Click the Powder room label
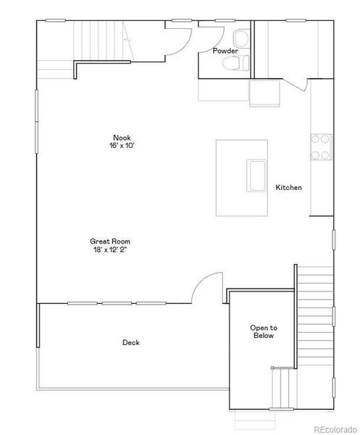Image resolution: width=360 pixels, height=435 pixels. click(225, 51)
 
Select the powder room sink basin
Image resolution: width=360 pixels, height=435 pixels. click(240, 38)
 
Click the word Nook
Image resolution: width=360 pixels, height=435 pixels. click(122, 138)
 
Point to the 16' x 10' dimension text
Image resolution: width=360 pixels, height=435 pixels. click(122, 146)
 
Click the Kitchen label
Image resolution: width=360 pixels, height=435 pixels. click(288, 188)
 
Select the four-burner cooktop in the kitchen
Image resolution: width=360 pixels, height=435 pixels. click(320, 146)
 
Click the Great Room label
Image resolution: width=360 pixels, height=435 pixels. click(110, 241)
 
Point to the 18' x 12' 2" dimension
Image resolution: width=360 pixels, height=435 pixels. click(110, 249)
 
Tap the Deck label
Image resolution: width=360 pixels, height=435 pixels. click(131, 343)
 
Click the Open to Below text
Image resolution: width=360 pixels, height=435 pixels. click(264, 331)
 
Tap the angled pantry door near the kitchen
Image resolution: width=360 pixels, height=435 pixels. click(294, 86)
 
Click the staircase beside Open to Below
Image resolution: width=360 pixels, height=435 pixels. click(314, 297)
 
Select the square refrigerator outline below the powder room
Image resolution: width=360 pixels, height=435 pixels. click(261, 93)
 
